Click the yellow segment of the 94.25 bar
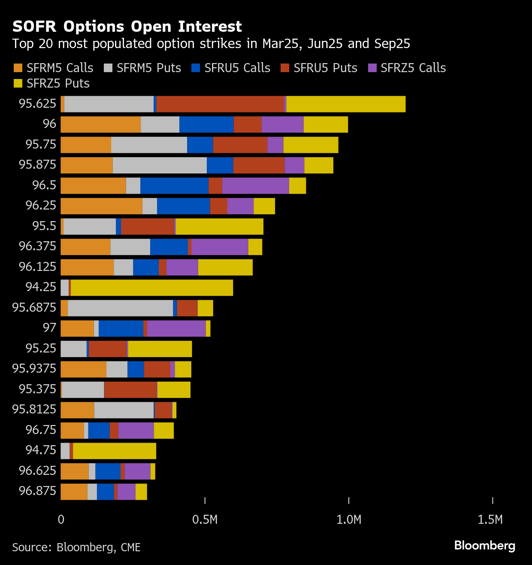coord(152,288)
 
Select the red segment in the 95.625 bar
coord(220,104)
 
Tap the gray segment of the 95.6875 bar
coord(121,308)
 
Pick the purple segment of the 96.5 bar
coord(256,185)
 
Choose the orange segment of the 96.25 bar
coord(101,206)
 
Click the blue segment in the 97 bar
coord(121,328)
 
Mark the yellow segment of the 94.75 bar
coord(115,451)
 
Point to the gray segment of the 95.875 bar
coord(160,165)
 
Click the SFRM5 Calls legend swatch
coord(18,68)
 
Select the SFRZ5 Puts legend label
coord(58,83)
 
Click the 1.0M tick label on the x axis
coord(349,519)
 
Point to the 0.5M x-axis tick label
coord(205,519)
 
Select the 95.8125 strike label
coord(34,409)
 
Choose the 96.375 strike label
coord(38,246)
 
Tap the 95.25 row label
coord(41,348)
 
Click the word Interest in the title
coord(210,27)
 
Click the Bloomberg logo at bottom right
coord(485,546)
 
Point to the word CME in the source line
coord(131,547)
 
